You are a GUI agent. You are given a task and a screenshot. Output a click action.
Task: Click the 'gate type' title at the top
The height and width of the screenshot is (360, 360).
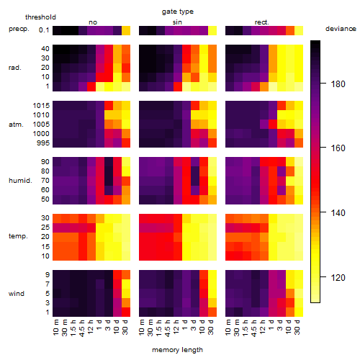click(178, 12)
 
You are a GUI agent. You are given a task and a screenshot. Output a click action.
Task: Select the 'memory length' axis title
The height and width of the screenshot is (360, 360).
click(177, 350)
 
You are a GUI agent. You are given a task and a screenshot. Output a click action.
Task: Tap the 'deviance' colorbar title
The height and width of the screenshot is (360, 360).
click(341, 29)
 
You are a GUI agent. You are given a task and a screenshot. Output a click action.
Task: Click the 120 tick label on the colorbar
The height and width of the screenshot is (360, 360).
click(338, 278)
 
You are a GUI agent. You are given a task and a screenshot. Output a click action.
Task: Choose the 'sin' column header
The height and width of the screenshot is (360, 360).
click(177, 22)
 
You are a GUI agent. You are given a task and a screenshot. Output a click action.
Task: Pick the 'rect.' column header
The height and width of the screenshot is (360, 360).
click(261, 22)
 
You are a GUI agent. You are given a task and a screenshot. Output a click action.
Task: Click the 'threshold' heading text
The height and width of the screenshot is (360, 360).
click(40, 17)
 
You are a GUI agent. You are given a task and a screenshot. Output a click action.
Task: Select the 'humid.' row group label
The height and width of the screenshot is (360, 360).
click(20, 181)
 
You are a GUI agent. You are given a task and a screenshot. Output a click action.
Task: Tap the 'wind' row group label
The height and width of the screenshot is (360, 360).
click(17, 294)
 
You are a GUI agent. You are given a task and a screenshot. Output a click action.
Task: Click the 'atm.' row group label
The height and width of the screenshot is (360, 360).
click(16, 125)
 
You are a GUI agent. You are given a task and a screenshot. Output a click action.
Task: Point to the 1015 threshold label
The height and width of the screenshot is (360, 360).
click(41, 106)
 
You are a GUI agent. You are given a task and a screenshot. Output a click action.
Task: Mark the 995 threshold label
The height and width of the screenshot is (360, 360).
click(43, 143)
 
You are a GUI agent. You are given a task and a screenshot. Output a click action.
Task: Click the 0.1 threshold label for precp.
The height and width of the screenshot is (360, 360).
click(44, 30)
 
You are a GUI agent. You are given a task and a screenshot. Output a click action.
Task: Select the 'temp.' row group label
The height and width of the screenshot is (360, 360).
click(18, 236)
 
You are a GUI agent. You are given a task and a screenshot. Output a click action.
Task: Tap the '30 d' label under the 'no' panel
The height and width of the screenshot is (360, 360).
click(125, 327)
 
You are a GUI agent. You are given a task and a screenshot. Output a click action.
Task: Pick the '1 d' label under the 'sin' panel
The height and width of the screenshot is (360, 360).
click(184, 325)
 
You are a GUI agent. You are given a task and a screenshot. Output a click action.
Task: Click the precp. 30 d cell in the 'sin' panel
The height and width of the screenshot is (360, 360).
click(212, 30)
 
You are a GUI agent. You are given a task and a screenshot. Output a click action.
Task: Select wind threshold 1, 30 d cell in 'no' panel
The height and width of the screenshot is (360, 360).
click(126, 312)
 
